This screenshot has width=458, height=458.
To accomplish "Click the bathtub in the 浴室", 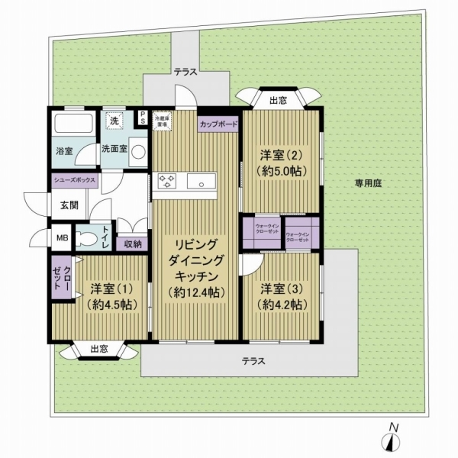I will pyautogui.click(x=73, y=123).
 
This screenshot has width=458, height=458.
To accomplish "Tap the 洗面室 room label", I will pyautogui.click(x=115, y=150).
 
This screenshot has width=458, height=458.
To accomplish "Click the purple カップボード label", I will pyautogui.click(x=218, y=123).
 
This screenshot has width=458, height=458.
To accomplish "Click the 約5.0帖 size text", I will pyautogui.click(x=282, y=171).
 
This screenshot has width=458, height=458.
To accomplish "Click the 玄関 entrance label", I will pyautogui.click(x=60, y=205).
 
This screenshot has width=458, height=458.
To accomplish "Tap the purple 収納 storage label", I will pyautogui.click(x=134, y=244).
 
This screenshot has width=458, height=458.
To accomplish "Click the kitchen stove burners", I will pyautogui.click(x=167, y=182).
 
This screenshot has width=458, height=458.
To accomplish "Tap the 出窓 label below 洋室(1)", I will pyautogui.click(x=98, y=349).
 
